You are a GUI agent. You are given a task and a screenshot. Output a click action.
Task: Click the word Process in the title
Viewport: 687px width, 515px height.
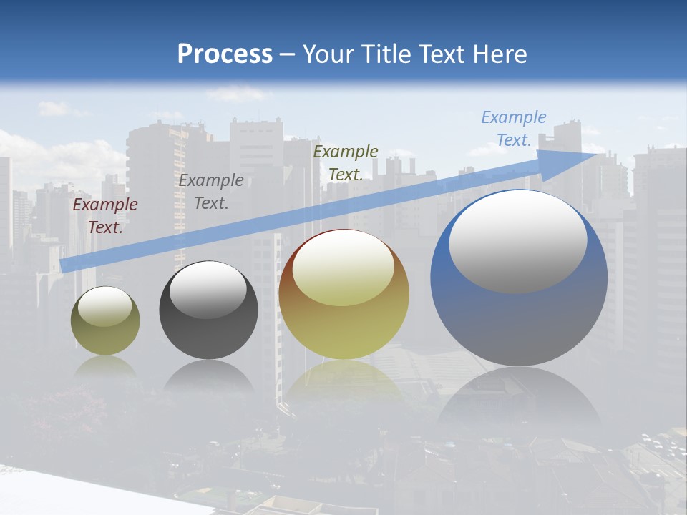point(225,54)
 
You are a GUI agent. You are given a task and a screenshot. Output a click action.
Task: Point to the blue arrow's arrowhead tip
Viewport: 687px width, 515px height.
point(605,153)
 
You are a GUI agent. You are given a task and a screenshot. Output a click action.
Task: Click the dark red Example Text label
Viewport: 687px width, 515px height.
point(105,216)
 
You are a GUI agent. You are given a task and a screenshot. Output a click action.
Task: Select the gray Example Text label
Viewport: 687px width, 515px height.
point(211,192)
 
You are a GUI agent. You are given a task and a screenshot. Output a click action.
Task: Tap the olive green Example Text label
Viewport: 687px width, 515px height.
point(346,162)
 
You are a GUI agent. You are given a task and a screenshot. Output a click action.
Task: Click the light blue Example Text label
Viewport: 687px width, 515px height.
point(514,129)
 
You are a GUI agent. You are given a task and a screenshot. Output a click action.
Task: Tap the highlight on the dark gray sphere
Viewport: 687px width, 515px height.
point(208,290)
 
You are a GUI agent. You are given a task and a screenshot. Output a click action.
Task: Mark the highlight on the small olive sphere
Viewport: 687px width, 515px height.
point(104,306)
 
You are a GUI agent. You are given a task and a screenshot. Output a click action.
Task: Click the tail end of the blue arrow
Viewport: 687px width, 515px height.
point(64,265)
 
